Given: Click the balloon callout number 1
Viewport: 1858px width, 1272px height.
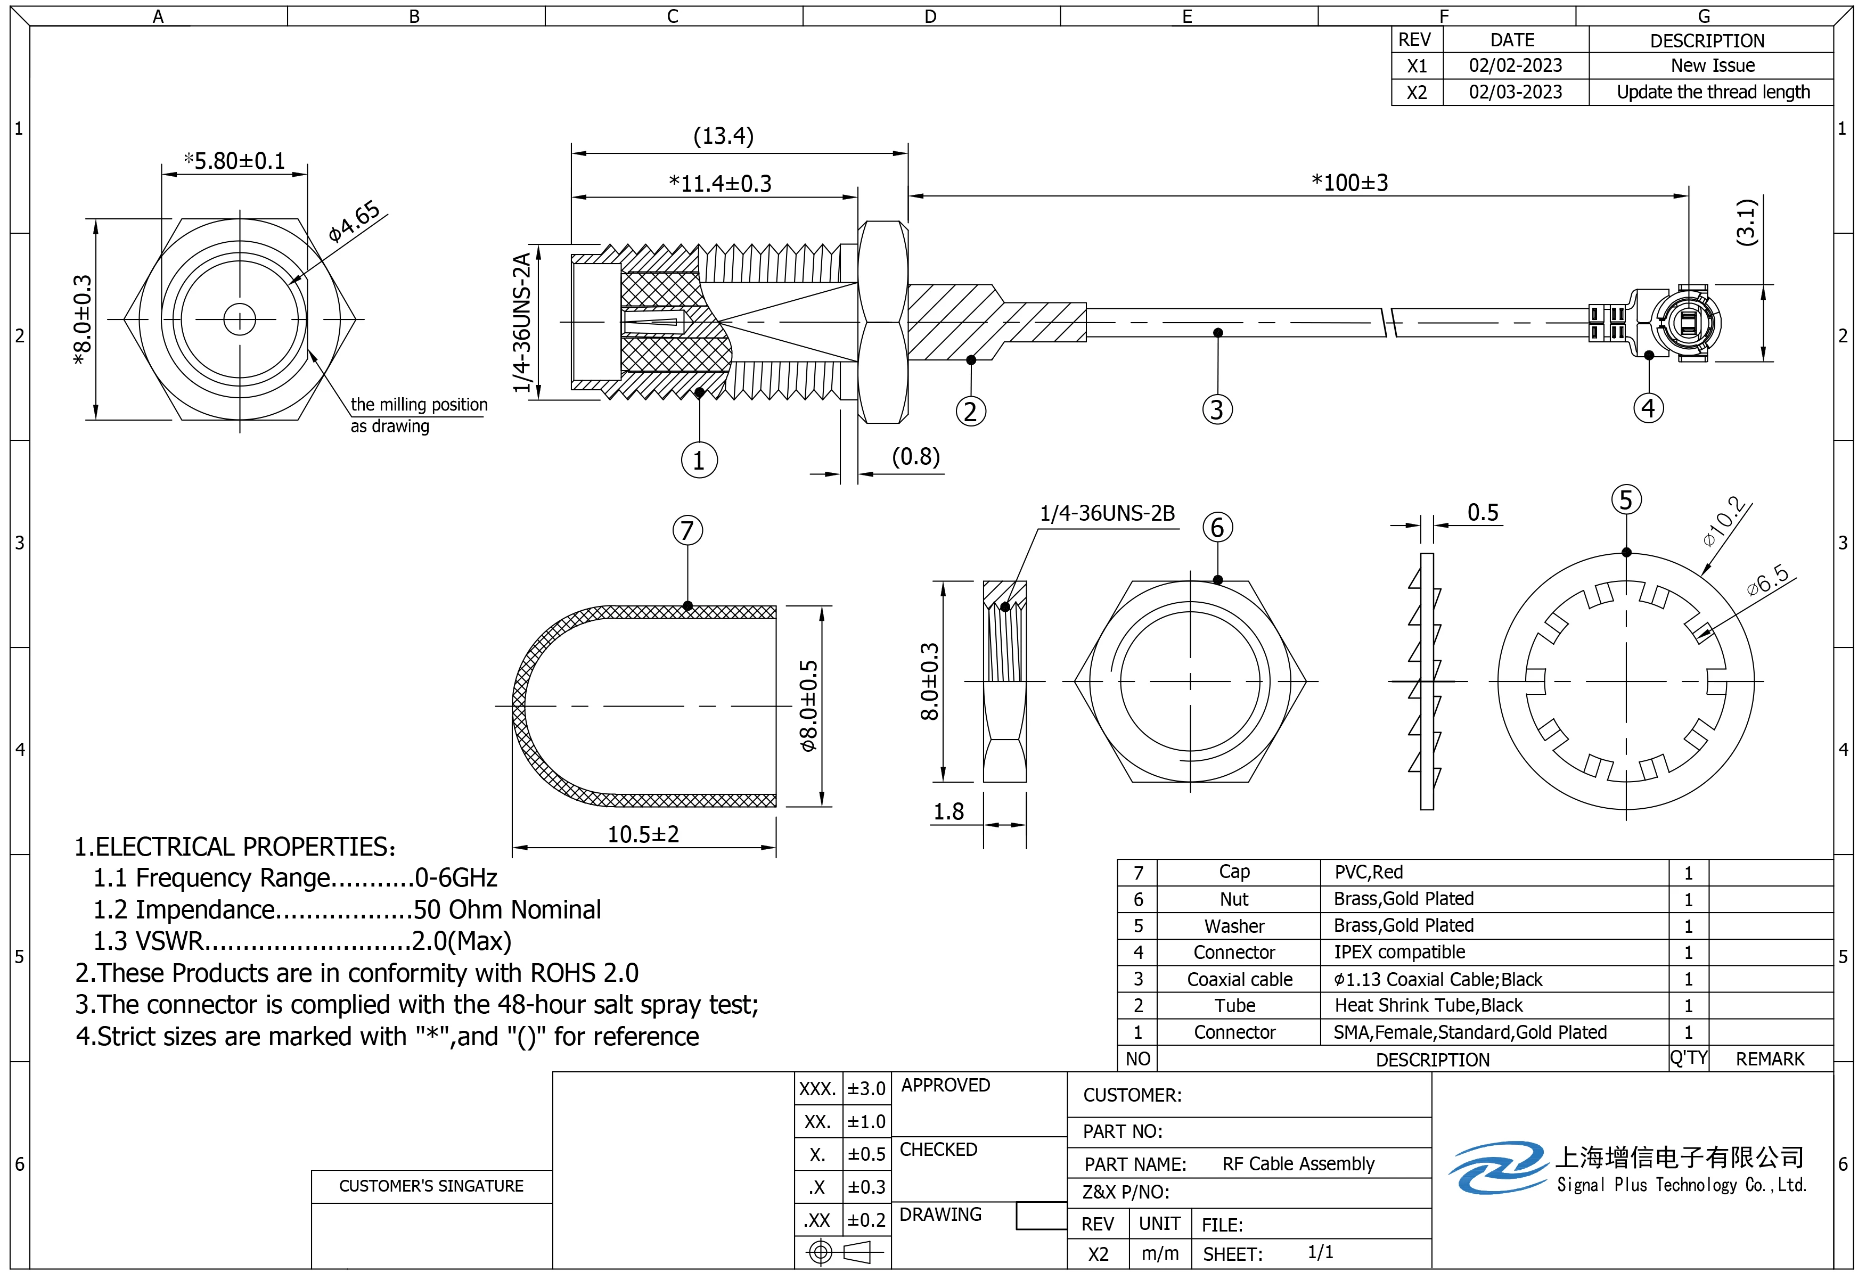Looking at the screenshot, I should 699,461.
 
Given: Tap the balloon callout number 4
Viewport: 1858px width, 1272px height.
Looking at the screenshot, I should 1648,408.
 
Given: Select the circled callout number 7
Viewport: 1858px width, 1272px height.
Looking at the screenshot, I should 687,531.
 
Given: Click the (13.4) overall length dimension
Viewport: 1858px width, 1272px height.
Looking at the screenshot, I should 723,136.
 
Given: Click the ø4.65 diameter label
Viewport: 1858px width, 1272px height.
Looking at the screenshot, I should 354,221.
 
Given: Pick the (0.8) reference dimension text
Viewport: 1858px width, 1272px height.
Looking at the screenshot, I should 915,456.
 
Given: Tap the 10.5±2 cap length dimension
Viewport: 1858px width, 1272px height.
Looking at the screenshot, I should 643,835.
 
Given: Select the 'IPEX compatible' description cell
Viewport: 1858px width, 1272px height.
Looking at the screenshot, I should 1399,952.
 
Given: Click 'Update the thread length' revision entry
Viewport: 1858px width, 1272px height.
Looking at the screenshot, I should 1713,92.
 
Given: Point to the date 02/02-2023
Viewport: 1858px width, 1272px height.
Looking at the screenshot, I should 1515,65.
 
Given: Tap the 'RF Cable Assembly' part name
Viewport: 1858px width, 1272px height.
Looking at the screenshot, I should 1298,1164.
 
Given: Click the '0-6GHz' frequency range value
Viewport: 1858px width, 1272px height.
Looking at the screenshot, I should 456,878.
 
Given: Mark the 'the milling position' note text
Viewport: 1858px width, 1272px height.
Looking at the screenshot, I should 419,405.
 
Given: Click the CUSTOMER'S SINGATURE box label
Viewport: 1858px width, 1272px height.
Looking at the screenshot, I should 431,1186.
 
